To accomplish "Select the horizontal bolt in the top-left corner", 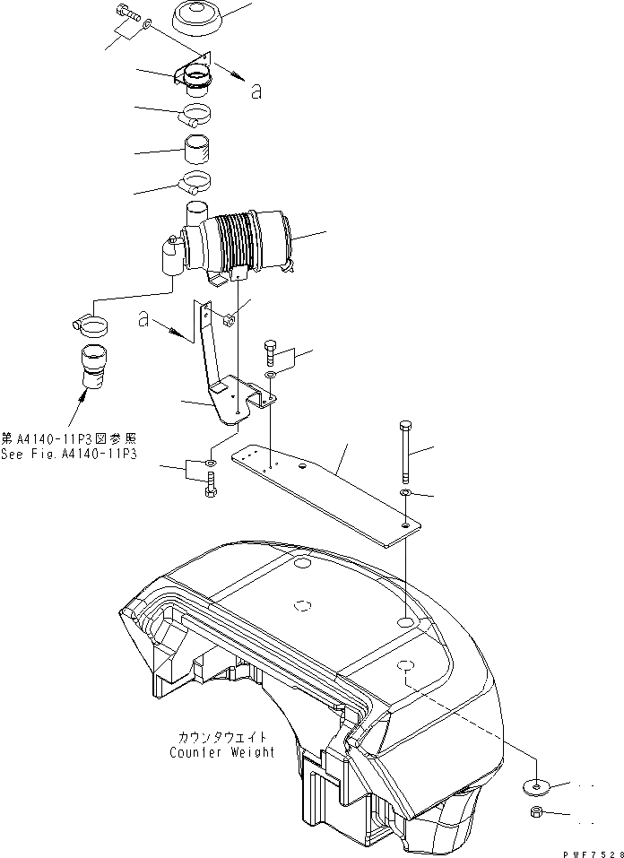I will [126, 15].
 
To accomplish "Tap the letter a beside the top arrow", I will [256, 90].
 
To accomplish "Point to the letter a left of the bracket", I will [143, 319].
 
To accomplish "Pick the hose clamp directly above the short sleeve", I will [196, 115].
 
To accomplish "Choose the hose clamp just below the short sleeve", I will [196, 184].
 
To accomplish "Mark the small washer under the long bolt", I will [406, 493].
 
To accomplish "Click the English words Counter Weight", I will [222, 752].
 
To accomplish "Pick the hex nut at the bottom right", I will [534, 813].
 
